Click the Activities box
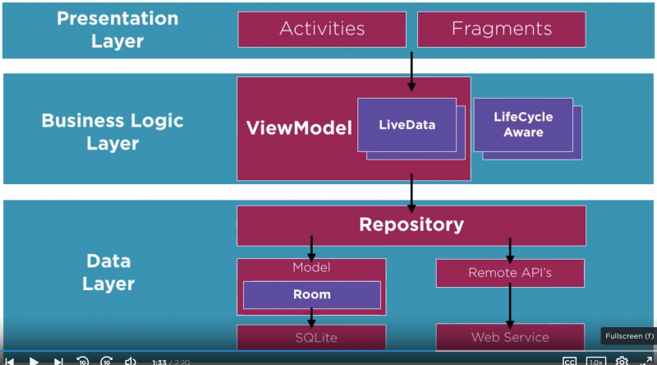click(x=322, y=29)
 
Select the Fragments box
click(x=501, y=29)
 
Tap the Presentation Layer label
click(x=117, y=29)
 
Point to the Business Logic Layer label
click(x=113, y=132)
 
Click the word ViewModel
click(x=299, y=128)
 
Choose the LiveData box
click(x=407, y=125)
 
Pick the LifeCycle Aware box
click(x=523, y=124)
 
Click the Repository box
click(x=411, y=224)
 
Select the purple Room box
click(x=311, y=294)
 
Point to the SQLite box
click(x=311, y=337)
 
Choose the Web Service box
click(x=509, y=337)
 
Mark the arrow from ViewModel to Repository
click(x=411, y=193)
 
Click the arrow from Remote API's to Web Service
click(x=509, y=306)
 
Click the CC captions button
click(x=569, y=361)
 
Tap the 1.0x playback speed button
click(x=595, y=361)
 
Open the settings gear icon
click(x=622, y=361)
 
